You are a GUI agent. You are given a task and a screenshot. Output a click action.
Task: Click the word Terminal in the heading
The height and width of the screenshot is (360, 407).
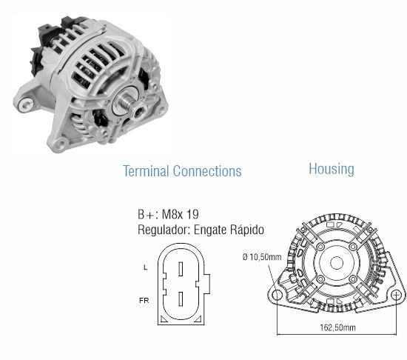(x=146, y=171)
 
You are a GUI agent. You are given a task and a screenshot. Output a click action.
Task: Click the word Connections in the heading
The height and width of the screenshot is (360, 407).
(x=207, y=171)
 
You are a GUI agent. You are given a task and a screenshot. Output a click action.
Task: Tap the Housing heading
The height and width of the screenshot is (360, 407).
(x=332, y=170)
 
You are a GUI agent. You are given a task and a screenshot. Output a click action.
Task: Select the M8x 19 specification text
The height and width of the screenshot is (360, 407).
(x=180, y=215)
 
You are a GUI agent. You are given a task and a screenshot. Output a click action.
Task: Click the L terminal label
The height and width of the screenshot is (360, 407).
(x=145, y=267)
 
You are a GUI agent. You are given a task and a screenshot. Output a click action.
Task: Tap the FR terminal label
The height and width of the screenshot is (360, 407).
(x=144, y=301)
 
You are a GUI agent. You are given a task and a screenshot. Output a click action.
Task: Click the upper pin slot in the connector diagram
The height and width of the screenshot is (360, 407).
(x=181, y=269)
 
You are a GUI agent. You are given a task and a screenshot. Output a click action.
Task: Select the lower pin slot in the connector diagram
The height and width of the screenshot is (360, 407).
(x=181, y=299)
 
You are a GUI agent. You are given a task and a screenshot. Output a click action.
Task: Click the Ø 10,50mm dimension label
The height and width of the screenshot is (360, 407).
(x=262, y=257)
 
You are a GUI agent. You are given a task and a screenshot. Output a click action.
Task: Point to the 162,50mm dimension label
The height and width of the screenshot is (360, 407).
(x=337, y=327)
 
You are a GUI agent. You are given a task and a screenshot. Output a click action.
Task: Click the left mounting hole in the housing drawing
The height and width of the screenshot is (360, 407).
(x=277, y=296)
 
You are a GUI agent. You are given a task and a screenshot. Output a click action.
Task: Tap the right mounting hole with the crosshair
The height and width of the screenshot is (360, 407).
(x=396, y=296)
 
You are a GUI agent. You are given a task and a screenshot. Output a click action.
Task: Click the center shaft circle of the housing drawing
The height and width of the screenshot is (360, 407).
(x=337, y=263)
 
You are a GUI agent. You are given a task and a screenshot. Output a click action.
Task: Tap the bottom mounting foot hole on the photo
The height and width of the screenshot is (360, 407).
(x=59, y=144)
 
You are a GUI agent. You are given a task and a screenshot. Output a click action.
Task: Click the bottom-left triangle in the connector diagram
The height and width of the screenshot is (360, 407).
(x=163, y=319)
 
